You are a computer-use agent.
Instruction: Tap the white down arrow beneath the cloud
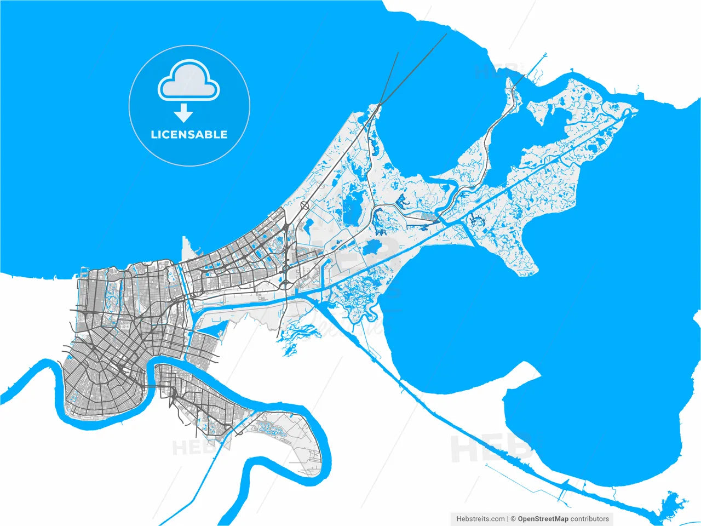tap(184, 114)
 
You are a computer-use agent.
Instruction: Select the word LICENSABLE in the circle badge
tap(189, 135)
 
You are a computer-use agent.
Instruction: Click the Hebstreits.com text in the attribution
tap(480, 518)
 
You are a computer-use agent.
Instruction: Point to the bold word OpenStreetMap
tap(543, 518)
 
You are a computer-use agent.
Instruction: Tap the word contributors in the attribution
tap(589, 518)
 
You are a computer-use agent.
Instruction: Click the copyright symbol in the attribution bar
tap(513, 518)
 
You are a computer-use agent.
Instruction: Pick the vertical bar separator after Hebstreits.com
tap(508, 518)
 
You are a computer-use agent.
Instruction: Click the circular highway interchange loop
tap(304, 205)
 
